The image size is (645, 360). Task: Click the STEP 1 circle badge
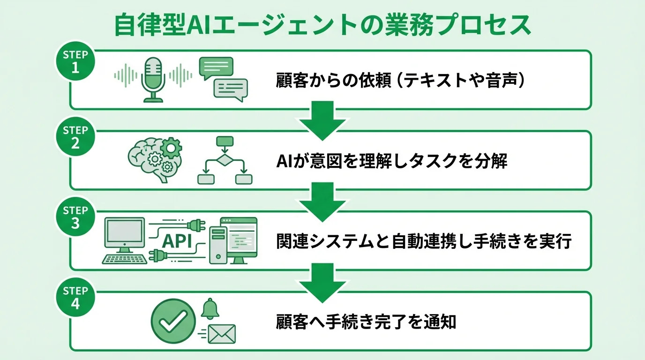(75, 61)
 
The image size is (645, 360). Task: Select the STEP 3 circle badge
(75, 217)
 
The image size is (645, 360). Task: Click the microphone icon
(153, 79)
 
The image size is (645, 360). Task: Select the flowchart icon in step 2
(225, 160)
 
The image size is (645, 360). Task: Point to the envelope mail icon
(221, 334)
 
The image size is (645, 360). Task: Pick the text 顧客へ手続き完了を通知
(366, 322)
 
